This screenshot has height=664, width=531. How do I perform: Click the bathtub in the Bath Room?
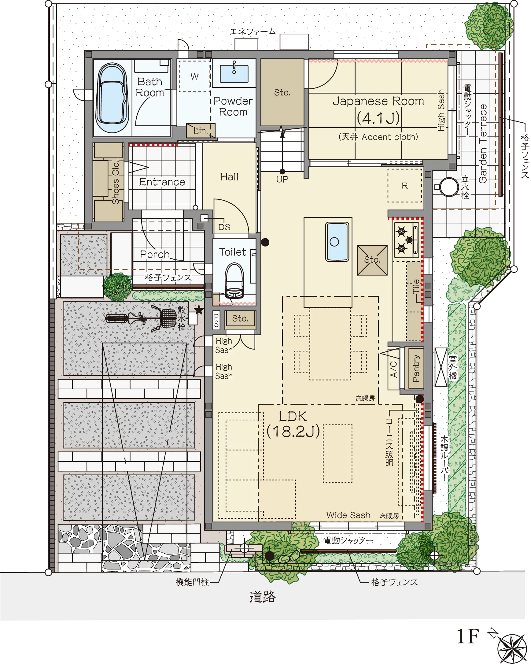click(x=112, y=98)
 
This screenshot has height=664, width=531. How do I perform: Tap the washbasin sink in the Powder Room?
click(x=234, y=74)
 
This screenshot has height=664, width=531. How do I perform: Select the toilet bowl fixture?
click(x=234, y=280)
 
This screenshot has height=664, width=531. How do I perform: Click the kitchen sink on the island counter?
click(x=337, y=242)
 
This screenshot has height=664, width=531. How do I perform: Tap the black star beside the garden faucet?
click(x=199, y=310)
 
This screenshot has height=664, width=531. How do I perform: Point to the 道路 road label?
click(x=262, y=596)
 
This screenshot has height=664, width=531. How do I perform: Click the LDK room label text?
click(x=293, y=424)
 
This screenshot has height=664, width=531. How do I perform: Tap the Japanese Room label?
click(x=378, y=101)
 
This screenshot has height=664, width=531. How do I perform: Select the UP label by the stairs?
click(x=282, y=179)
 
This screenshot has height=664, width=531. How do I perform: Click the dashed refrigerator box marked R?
click(x=405, y=185)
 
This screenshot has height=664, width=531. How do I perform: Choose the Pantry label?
click(x=415, y=368)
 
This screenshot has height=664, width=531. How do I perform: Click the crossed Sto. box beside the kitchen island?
click(x=372, y=260)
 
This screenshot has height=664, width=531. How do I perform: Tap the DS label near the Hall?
click(x=224, y=227)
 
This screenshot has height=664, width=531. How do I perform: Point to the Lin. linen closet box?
click(x=201, y=131)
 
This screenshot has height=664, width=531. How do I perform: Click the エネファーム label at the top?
click(x=253, y=32)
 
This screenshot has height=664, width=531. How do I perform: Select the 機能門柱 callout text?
click(x=192, y=582)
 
